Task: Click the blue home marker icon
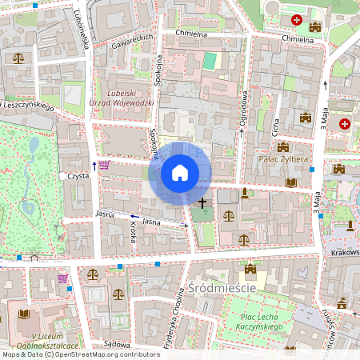[x=180, y=173]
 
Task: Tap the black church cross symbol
[x=203, y=203]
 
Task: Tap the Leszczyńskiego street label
[x=27, y=106]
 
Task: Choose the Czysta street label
[x=78, y=175]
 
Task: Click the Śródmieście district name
[x=222, y=288]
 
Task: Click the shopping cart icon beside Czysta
[x=104, y=166]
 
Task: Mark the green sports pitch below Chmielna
[x=210, y=60]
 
